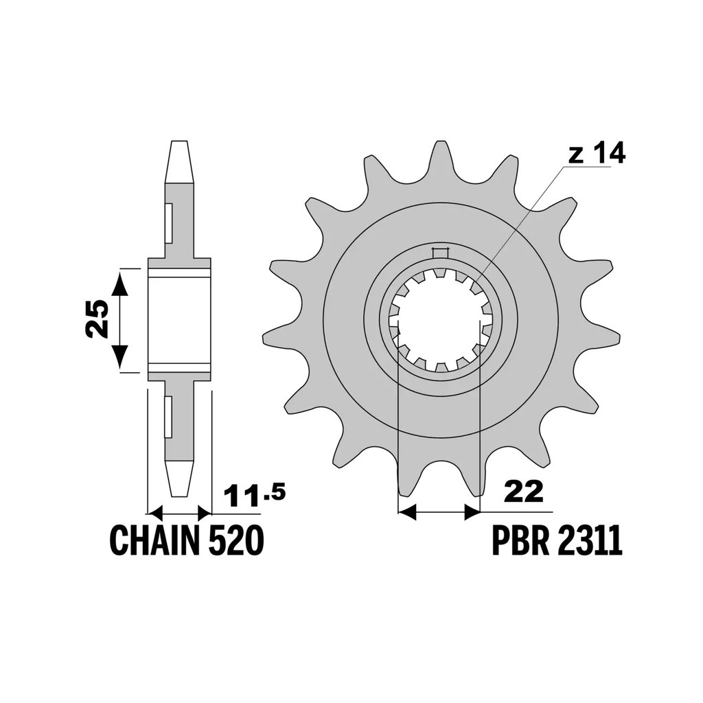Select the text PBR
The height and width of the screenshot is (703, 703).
pyautogui.click(x=520, y=541)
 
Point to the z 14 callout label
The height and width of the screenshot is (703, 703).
pyautogui.click(x=597, y=154)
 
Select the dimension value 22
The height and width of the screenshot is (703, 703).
pyautogui.click(x=524, y=492)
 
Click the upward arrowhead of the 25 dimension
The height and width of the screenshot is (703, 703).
pyautogui.click(x=119, y=284)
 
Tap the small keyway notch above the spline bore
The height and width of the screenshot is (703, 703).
pyautogui.click(x=440, y=253)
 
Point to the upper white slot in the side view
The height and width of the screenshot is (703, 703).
pyautogui.click(x=169, y=221)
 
